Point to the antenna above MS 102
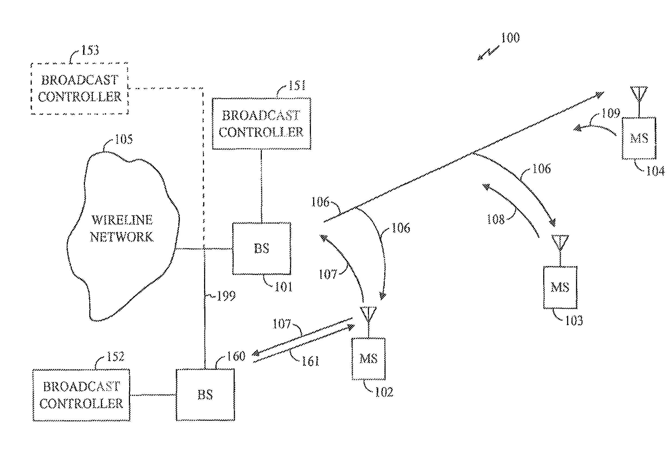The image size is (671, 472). pyautogui.click(x=368, y=315)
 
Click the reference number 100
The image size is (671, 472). pyautogui.click(x=511, y=38)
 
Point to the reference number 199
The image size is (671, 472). pyautogui.click(x=226, y=296)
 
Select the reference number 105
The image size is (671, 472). pyautogui.click(x=124, y=139)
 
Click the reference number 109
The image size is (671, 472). pyautogui.click(x=611, y=113)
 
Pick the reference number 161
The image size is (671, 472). pyautogui.click(x=310, y=361)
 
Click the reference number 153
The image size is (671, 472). pyautogui.click(x=90, y=50)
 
